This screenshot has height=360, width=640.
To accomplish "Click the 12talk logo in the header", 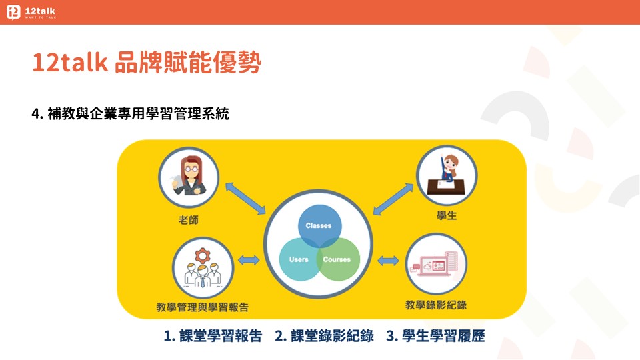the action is click(31, 12).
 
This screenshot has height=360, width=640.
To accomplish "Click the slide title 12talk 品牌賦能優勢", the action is click(147, 63).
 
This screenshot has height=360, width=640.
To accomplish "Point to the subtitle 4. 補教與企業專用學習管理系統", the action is click(130, 113).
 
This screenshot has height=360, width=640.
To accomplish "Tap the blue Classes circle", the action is click(319, 226).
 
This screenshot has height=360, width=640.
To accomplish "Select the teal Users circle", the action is click(299, 259).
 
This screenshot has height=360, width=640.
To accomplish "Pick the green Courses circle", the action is click(338, 259).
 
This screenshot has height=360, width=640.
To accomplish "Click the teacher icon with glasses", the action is click(189, 178).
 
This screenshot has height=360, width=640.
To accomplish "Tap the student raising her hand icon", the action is click(447, 175).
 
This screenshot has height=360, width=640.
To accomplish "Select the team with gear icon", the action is click(203, 268).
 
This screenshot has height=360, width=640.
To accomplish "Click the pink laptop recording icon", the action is click(436, 264).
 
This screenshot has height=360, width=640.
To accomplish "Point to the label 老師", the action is click(189, 220).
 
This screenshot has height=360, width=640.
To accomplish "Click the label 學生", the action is click(447, 215).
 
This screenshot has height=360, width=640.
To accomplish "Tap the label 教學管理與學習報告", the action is click(203, 307).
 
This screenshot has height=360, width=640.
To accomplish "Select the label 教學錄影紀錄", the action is click(436, 305).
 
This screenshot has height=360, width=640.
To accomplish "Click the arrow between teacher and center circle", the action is click(245, 198).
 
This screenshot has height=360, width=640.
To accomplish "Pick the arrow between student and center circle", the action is click(393, 199).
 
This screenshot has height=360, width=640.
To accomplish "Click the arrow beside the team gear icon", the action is click(249, 260).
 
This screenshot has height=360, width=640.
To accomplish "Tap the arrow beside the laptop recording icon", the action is click(388, 261).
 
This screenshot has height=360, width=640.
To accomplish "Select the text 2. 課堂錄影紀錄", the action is click(324, 336).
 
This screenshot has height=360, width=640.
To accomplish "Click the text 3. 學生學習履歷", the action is click(435, 336).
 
